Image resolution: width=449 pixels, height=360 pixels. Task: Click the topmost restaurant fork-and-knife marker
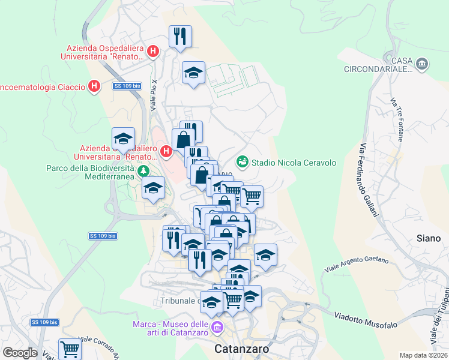coord(180,37)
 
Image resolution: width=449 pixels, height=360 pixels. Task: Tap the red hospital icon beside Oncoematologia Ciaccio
coord(94,87)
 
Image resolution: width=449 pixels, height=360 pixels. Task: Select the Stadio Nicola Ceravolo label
coord(294,163)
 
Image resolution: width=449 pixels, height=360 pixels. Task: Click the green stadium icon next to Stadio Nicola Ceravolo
coord(243,161)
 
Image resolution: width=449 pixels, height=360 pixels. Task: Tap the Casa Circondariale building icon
coord(422,63)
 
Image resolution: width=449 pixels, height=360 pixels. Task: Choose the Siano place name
coord(429,238)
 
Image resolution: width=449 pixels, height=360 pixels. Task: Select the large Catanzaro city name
coord(241,349)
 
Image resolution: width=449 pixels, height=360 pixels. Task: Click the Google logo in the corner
coord(20,353)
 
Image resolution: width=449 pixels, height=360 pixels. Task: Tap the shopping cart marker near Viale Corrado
coord(70,348)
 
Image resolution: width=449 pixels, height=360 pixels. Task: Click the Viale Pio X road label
coord(154,95)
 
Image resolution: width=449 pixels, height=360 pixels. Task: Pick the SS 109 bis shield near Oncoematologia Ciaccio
coord(127,86)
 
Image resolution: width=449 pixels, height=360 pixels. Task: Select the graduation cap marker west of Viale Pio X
coord(123,139)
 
